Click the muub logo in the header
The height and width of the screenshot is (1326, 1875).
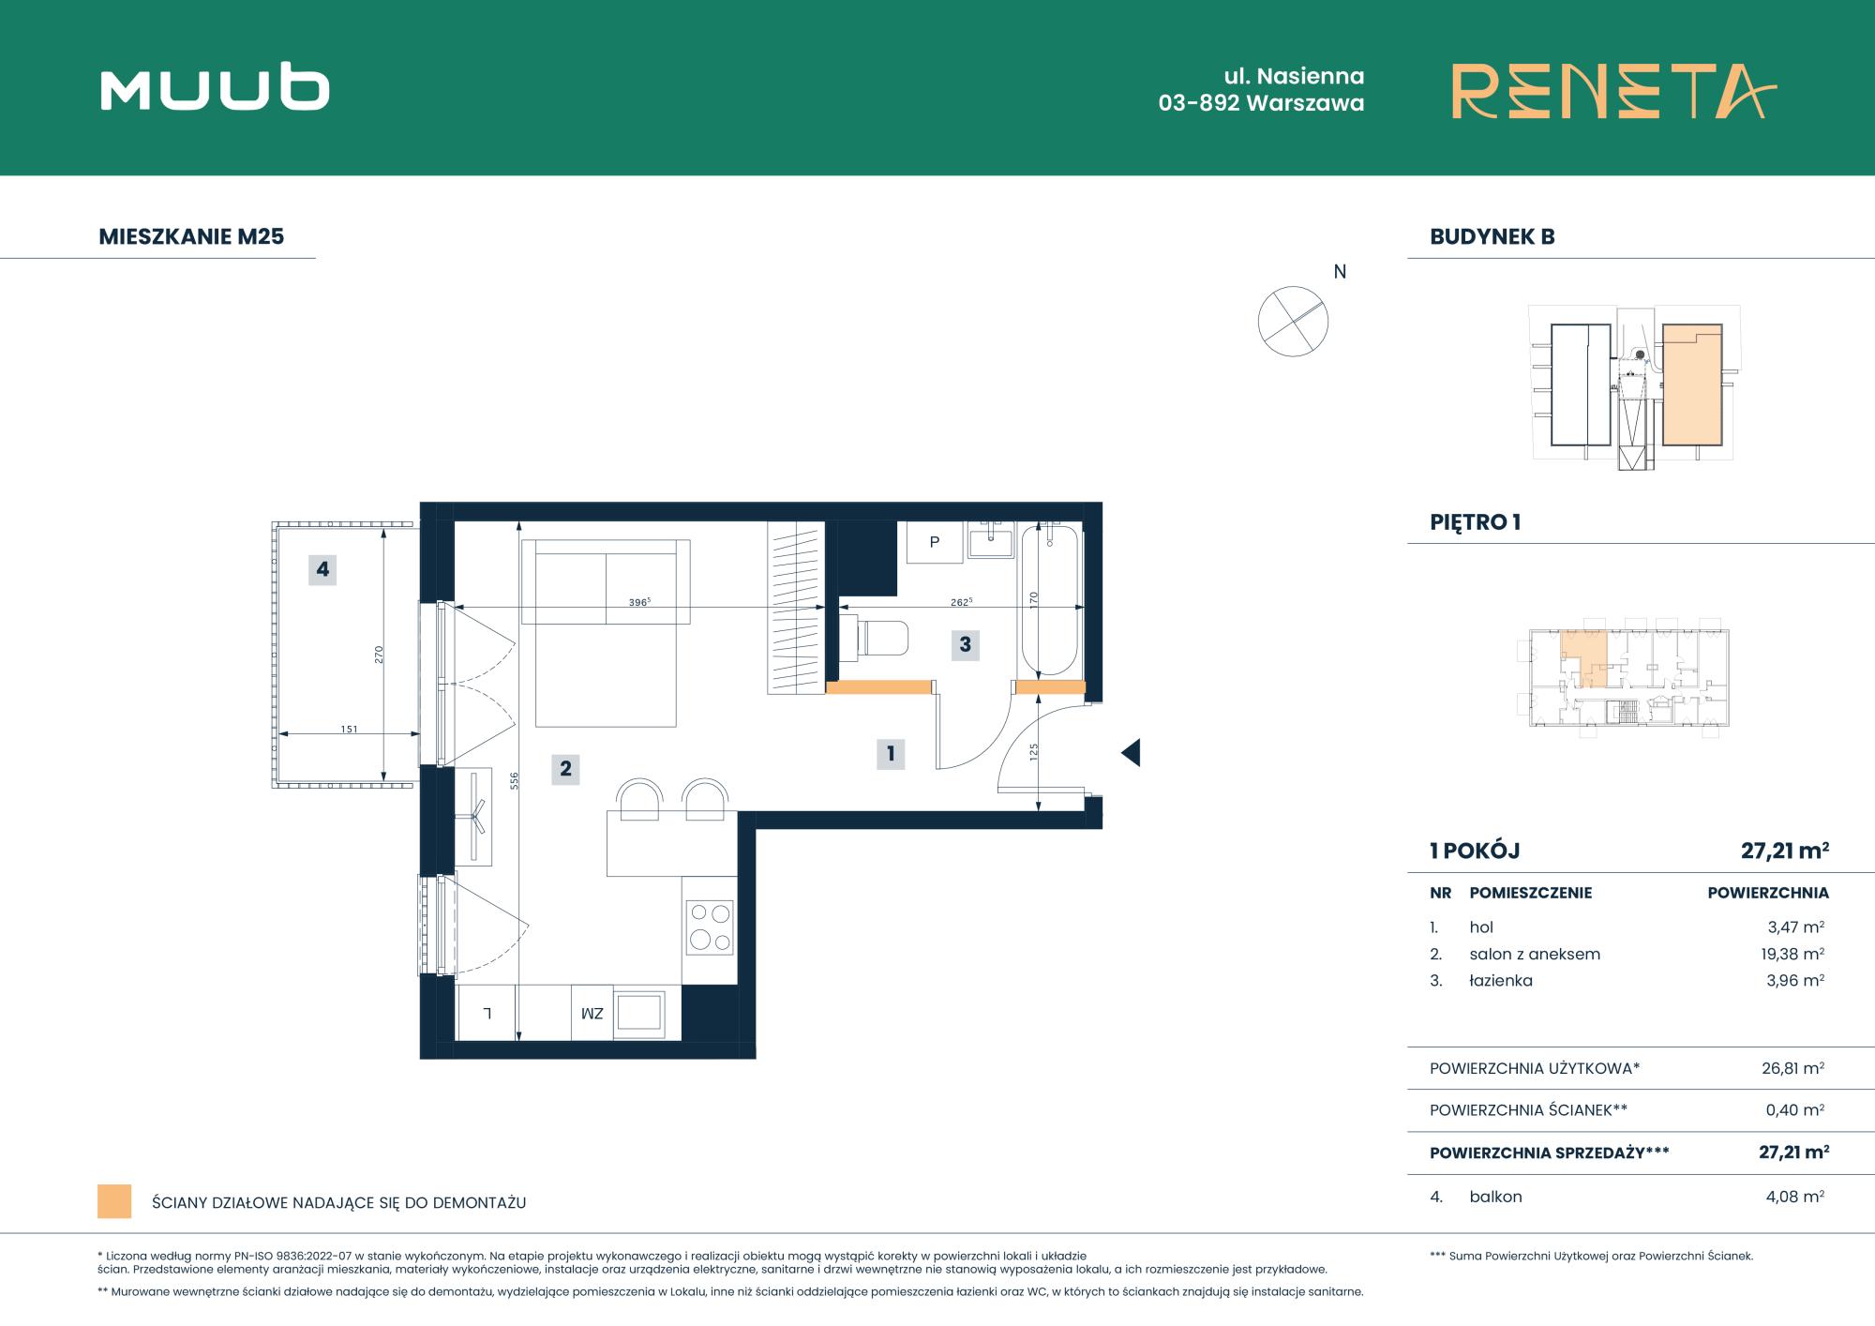(x=215, y=90)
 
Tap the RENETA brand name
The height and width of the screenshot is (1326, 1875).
(x=1614, y=91)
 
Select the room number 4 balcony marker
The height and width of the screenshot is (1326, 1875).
(x=322, y=569)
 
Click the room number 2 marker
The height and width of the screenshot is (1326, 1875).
(x=565, y=769)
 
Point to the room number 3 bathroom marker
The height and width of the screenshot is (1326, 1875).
(x=965, y=645)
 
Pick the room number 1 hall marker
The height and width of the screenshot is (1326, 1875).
(x=891, y=753)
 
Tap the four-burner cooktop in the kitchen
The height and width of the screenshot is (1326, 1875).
(x=710, y=927)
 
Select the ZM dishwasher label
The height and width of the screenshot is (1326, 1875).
(x=592, y=1014)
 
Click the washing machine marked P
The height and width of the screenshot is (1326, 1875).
(x=935, y=542)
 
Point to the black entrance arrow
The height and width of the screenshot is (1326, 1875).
(x=1131, y=752)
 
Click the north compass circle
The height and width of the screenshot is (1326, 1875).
(x=1293, y=322)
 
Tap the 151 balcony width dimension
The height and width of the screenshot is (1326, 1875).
(x=349, y=729)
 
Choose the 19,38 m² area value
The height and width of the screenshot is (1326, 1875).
(x=1793, y=954)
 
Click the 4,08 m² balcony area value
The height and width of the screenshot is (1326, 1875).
(x=1794, y=1197)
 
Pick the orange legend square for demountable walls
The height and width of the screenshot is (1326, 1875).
(x=114, y=1202)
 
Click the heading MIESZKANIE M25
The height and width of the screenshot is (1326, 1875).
(x=191, y=236)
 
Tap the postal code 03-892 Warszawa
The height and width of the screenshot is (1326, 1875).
(x=1261, y=103)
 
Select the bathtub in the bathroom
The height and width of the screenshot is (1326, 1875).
(x=1050, y=600)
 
